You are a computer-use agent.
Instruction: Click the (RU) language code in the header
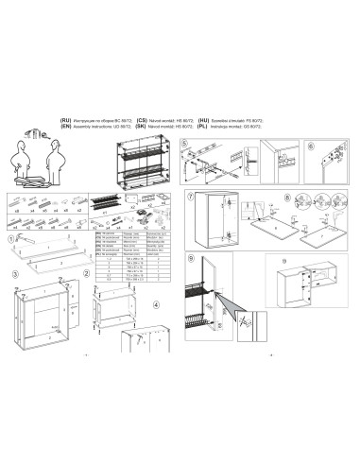65,121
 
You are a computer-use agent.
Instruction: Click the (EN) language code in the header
65,128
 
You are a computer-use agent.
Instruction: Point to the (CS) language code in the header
142,121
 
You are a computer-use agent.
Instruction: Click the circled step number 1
12,243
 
